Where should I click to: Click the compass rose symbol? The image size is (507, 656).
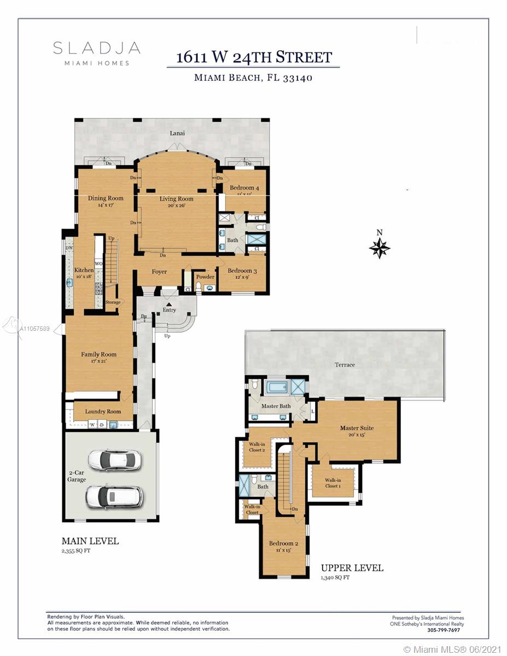pos(380,248)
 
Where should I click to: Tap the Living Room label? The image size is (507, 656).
pos(176,199)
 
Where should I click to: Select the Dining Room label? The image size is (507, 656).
pos(106,198)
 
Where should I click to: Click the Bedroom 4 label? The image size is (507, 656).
pos(244,189)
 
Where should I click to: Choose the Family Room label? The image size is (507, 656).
pos(99,354)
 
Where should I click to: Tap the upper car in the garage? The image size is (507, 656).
pos(114,460)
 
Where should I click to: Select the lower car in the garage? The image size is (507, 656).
pos(114,496)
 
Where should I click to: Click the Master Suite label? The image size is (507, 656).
pos(357,428)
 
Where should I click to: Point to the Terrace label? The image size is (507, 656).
pos(345,365)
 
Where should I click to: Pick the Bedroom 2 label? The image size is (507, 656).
pos(283,543)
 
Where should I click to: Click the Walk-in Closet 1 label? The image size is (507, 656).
pos(333,483)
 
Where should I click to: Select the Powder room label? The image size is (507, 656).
pos(205,277)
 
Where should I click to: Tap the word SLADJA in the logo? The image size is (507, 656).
pos(97,48)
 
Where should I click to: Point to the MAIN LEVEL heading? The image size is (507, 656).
pos(90,541)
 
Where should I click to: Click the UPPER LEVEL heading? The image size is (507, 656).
pos(352,568)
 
